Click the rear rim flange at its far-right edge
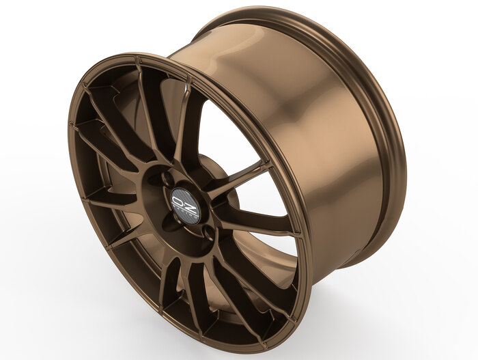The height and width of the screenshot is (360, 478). click(x=405, y=171)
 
